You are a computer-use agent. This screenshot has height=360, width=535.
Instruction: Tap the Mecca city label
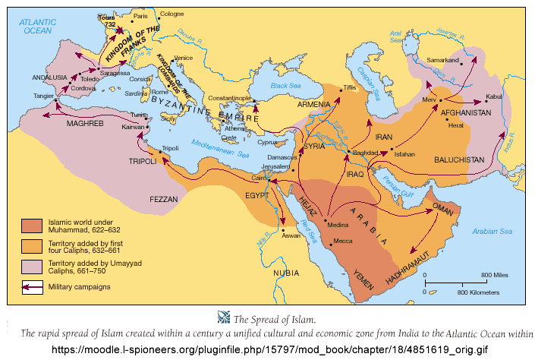click(x=344, y=243)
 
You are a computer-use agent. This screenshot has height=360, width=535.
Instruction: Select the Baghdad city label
click(x=364, y=153)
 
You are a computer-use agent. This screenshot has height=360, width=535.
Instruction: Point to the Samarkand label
click(x=443, y=59)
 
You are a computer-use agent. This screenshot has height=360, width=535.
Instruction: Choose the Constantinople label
click(x=232, y=98)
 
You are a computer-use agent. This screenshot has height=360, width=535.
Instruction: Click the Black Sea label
click(x=285, y=87)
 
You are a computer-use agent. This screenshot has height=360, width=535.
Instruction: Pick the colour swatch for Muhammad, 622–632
click(x=33, y=226)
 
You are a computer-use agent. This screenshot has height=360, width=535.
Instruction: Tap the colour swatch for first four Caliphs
click(x=33, y=245)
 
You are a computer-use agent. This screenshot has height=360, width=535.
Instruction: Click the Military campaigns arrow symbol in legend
click(x=33, y=286)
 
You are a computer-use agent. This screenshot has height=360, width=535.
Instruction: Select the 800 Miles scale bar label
click(x=493, y=274)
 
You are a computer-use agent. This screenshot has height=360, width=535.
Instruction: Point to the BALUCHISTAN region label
click(x=458, y=161)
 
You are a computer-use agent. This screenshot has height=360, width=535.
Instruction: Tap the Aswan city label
click(x=292, y=236)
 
